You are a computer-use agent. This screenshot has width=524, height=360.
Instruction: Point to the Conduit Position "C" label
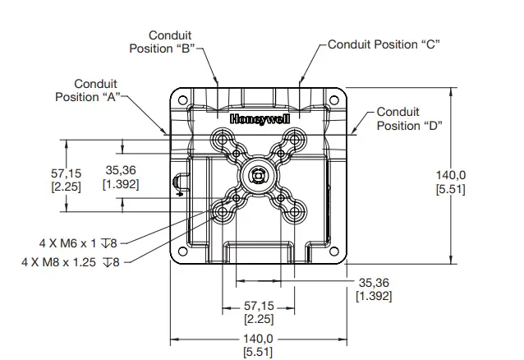(x=384, y=44)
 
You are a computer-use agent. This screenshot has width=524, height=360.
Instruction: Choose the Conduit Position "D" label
(x=409, y=118)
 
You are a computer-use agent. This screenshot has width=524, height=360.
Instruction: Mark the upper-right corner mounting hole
(x=333, y=100)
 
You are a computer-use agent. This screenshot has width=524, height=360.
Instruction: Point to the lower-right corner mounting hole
(x=333, y=249)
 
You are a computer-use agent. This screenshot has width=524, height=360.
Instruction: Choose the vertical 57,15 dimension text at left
(x=66, y=180)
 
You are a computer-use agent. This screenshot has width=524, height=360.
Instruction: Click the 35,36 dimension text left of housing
(x=120, y=177)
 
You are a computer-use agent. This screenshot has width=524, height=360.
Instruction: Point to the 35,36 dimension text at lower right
(x=372, y=288)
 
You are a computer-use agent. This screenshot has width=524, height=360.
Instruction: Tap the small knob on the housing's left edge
(x=177, y=182)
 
